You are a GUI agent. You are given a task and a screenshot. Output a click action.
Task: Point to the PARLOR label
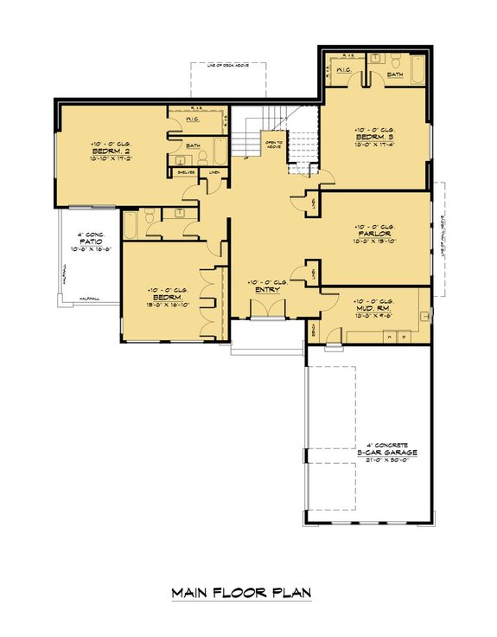click(374, 233)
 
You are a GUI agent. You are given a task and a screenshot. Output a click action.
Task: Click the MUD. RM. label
click(375, 307)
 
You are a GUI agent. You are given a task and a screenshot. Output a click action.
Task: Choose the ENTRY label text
click(264, 291)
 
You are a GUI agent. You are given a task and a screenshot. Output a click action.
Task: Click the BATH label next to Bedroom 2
click(193, 145)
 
